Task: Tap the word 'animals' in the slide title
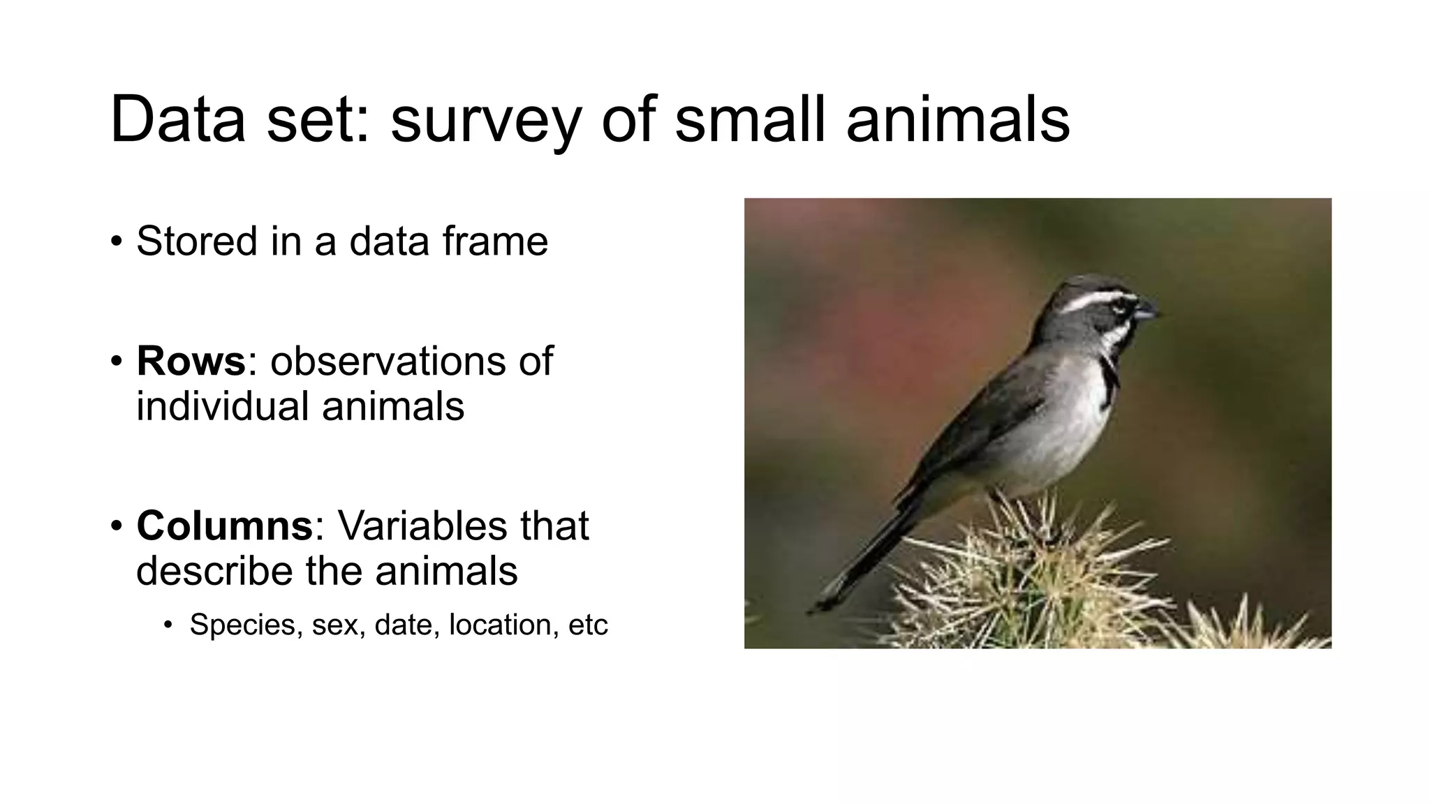click(x=957, y=120)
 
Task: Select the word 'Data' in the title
click(x=177, y=120)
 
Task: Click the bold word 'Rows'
click(x=191, y=362)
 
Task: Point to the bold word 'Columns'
click(x=224, y=526)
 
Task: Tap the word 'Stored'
click(x=197, y=241)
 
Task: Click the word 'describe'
click(x=214, y=571)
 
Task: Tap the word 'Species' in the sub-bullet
click(x=242, y=625)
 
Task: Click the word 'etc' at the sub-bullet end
click(x=588, y=625)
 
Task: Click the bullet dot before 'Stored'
click(x=116, y=242)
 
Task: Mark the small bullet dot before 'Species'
click(x=168, y=625)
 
